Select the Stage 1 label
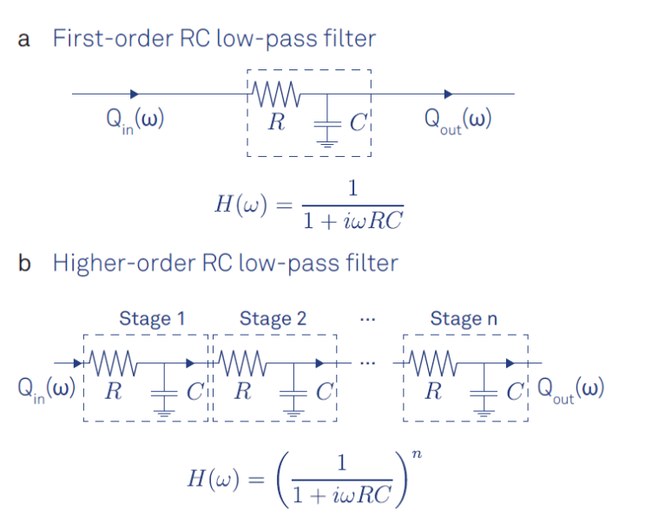click(151, 318)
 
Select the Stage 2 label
click(273, 318)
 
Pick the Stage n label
click(464, 318)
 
